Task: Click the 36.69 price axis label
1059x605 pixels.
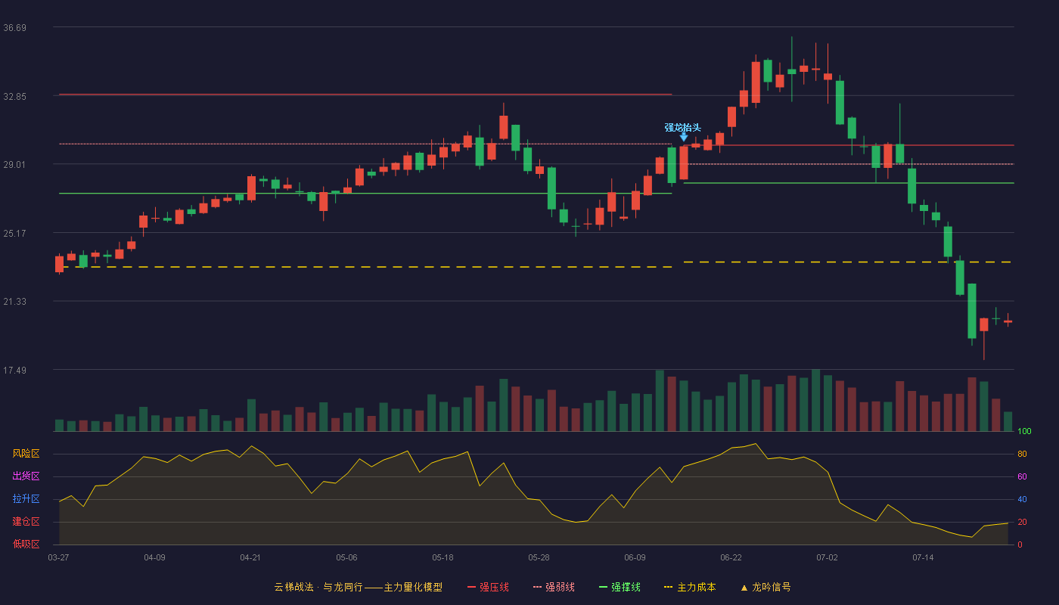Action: pos(14,28)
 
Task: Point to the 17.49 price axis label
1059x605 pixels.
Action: pos(14,370)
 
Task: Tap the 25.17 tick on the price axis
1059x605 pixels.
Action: pos(14,234)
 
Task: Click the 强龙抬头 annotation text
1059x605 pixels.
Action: pos(682,128)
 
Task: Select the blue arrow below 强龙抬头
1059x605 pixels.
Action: pos(684,137)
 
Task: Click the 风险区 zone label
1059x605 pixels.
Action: pos(26,454)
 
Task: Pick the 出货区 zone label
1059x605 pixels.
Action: pos(26,476)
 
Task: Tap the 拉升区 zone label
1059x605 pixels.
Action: pos(26,498)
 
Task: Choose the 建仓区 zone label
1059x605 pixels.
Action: pos(26,521)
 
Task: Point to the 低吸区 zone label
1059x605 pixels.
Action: pos(26,544)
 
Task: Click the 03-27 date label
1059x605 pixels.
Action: pos(59,558)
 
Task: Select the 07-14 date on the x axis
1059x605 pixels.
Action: pos(923,558)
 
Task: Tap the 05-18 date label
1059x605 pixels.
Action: pos(443,558)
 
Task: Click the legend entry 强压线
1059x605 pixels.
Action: pos(488,587)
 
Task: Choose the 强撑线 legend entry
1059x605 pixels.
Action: pos(620,587)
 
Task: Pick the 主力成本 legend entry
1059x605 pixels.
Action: pos(690,587)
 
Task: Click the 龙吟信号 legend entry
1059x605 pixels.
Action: pos(766,587)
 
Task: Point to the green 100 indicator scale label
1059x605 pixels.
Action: pos(1024,431)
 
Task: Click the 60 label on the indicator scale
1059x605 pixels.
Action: pos(1022,476)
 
